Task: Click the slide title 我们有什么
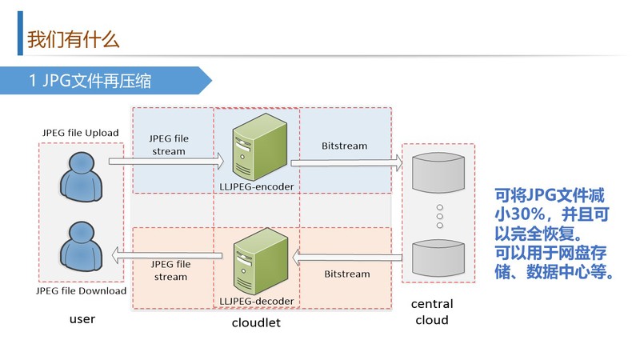pyautogui.click(x=73, y=38)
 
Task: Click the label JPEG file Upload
pyautogui.click(x=80, y=132)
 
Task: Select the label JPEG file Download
pyautogui.click(x=81, y=290)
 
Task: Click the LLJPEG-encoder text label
pyautogui.click(x=257, y=186)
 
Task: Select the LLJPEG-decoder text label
pyautogui.click(x=257, y=302)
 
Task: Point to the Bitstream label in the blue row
pyautogui.click(x=344, y=146)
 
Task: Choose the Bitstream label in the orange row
pyautogui.click(x=347, y=274)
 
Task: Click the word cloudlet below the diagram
pyautogui.click(x=256, y=323)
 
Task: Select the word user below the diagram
pyautogui.click(x=82, y=319)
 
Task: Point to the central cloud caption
pyautogui.click(x=432, y=312)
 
